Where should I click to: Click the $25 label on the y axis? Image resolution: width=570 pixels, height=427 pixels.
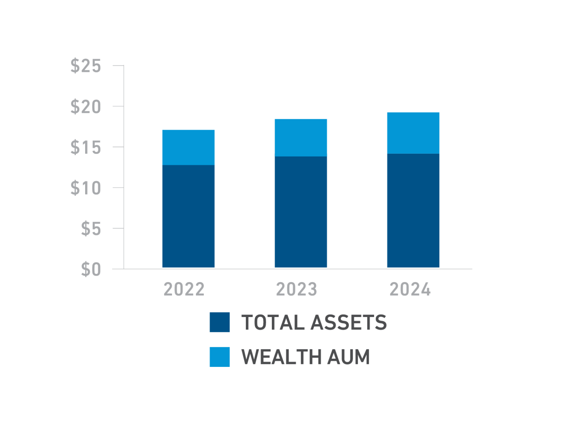click(x=86, y=66)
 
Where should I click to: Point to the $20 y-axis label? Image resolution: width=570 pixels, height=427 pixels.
click(x=86, y=107)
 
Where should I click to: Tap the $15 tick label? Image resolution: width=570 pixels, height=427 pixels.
click(x=86, y=147)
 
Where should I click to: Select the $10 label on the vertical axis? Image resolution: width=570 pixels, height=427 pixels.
click(x=86, y=188)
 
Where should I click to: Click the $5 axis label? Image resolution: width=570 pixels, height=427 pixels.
click(x=91, y=229)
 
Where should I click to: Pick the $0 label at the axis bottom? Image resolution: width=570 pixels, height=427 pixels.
click(x=91, y=269)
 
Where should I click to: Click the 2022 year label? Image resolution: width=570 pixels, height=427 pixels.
click(x=184, y=289)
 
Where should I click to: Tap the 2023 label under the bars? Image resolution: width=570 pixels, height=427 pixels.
click(x=296, y=289)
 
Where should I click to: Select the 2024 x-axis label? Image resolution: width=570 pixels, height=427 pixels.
click(x=410, y=289)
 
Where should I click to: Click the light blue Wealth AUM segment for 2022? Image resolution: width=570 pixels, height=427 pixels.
click(x=188, y=147)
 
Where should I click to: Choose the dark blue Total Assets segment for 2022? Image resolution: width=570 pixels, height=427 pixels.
click(x=188, y=216)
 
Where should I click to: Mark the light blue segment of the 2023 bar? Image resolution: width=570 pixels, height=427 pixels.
click(x=301, y=138)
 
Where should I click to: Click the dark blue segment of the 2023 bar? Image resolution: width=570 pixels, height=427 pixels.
click(x=301, y=212)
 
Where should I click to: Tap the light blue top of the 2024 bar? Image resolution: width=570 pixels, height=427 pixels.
click(x=413, y=133)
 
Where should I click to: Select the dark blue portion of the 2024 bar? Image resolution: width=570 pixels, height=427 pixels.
click(x=413, y=211)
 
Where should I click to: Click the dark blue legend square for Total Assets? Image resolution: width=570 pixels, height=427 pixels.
click(x=220, y=322)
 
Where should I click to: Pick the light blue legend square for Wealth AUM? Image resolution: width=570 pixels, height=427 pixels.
click(x=220, y=357)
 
